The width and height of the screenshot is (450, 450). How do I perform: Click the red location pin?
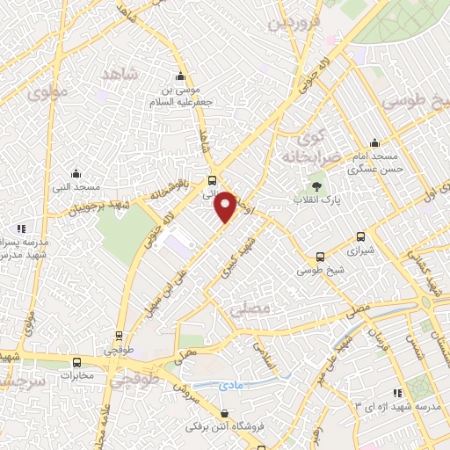[226, 205]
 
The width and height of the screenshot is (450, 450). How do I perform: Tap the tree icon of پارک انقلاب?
[316, 186]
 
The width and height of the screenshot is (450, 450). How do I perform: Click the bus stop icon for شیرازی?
[360, 236]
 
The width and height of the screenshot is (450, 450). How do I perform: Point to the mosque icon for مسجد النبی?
[76, 173]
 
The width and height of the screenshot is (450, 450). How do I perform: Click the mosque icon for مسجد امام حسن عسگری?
[375, 143]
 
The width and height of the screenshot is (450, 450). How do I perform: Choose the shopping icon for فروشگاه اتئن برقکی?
[225, 413]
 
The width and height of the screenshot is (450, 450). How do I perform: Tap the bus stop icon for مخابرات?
[77, 361]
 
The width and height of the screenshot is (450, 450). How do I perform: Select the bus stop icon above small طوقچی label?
[119, 335]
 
